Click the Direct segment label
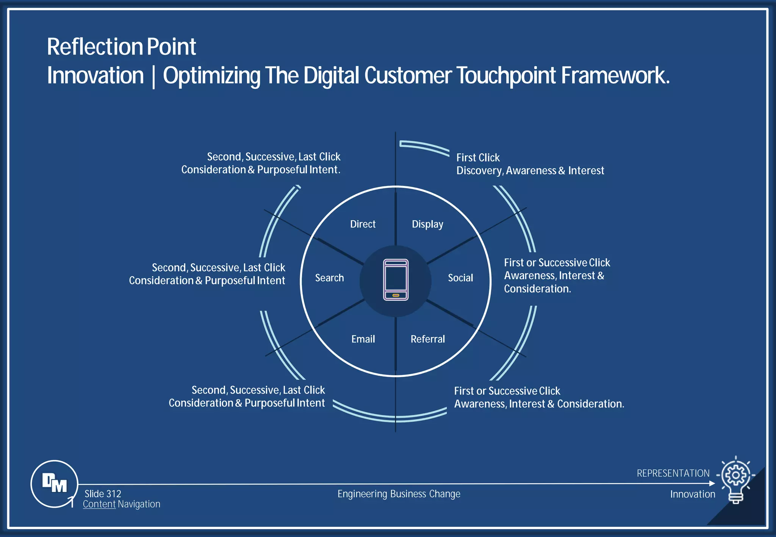click(x=363, y=224)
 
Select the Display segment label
click(x=427, y=224)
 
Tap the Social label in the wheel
click(x=460, y=278)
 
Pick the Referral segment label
click(x=428, y=339)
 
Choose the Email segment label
click(x=363, y=339)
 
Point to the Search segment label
click(x=329, y=278)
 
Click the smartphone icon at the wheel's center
click(x=396, y=280)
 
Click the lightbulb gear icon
click(x=735, y=479)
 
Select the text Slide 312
click(x=103, y=494)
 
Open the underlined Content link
click(x=99, y=504)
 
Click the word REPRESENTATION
click(x=673, y=473)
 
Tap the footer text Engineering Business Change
click(x=399, y=494)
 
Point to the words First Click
click(x=478, y=158)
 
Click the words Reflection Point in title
click(x=121, y=47)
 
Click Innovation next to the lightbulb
click(x=693, y=494)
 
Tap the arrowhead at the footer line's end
click(x=712, y=483)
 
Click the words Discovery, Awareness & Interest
click(x=530, y=171)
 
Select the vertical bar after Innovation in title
click(x=153, y=77)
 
